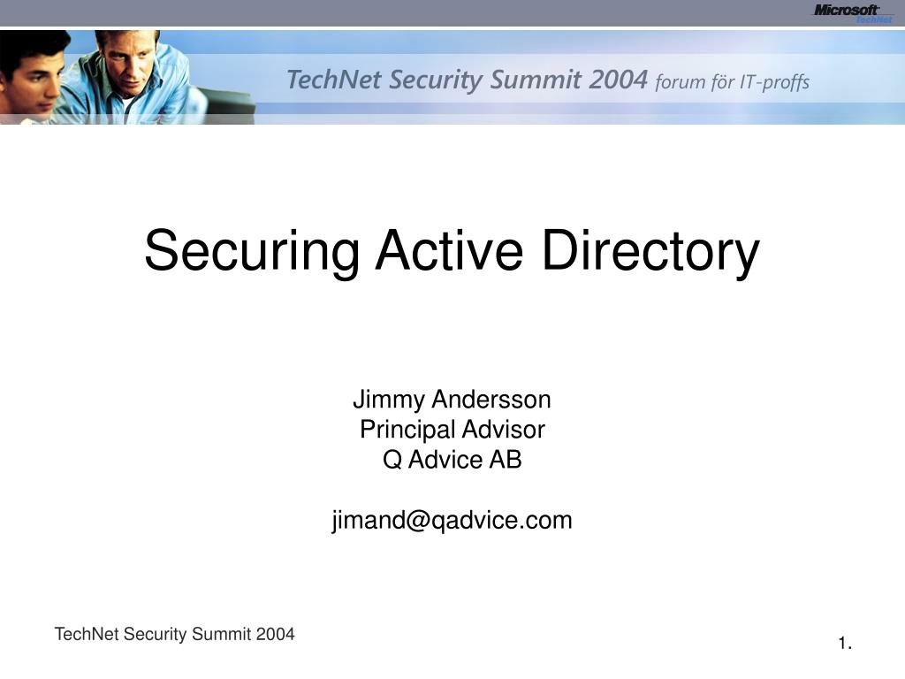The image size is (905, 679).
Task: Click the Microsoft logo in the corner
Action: pos(853,12)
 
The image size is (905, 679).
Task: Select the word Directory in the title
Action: pos(650,250)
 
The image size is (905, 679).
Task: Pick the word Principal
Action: pos(402,431)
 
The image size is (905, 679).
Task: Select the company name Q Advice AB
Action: pos(452,460)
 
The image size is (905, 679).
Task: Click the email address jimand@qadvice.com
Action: pos(452,521)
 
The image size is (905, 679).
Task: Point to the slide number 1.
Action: pos(845,644)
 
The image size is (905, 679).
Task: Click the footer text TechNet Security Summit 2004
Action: pos(174,634)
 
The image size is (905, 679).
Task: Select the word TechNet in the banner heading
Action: pos(334,80)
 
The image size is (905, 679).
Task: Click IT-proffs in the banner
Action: pos(775,82)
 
